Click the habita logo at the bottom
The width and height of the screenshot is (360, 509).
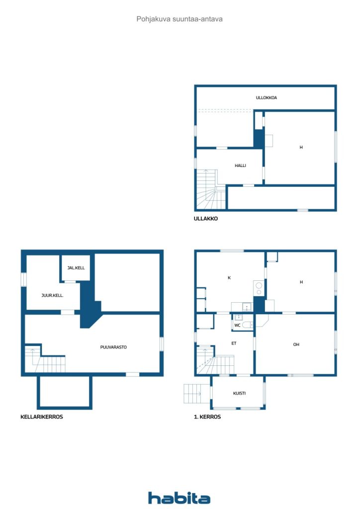(x=179, y=498)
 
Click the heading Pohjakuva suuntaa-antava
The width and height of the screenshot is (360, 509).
(x=180, y=19)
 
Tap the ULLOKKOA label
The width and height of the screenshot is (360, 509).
(x=266, y=97)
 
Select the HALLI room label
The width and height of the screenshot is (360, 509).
(x=240, y=166)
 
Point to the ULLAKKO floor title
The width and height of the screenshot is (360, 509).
(x=206, y=219)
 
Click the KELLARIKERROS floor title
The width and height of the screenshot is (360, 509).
(x=42, y=417)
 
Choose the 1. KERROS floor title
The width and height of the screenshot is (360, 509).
(x=207, y=417)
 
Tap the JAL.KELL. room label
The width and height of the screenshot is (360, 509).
(x=76, y=268)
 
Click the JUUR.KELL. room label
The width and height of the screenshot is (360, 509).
(x=52, y=295)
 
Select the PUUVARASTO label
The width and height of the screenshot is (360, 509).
(x=113, y=347)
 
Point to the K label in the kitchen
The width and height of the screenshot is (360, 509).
(x=229, y=278)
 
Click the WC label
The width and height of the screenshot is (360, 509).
(x=237, y=325)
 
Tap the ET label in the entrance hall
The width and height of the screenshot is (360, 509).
(x=234, y=343)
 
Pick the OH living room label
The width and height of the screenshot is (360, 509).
(x=296, y=344)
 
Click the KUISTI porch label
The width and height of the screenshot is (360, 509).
(x=239, y=393)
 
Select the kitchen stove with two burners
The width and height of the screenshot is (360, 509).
(x=259, y=288)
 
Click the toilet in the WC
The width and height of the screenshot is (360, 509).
(x=247, y=325)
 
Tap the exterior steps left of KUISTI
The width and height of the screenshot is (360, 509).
(x=197, y=394)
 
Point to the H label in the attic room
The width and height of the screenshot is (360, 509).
(x=301, y=147)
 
